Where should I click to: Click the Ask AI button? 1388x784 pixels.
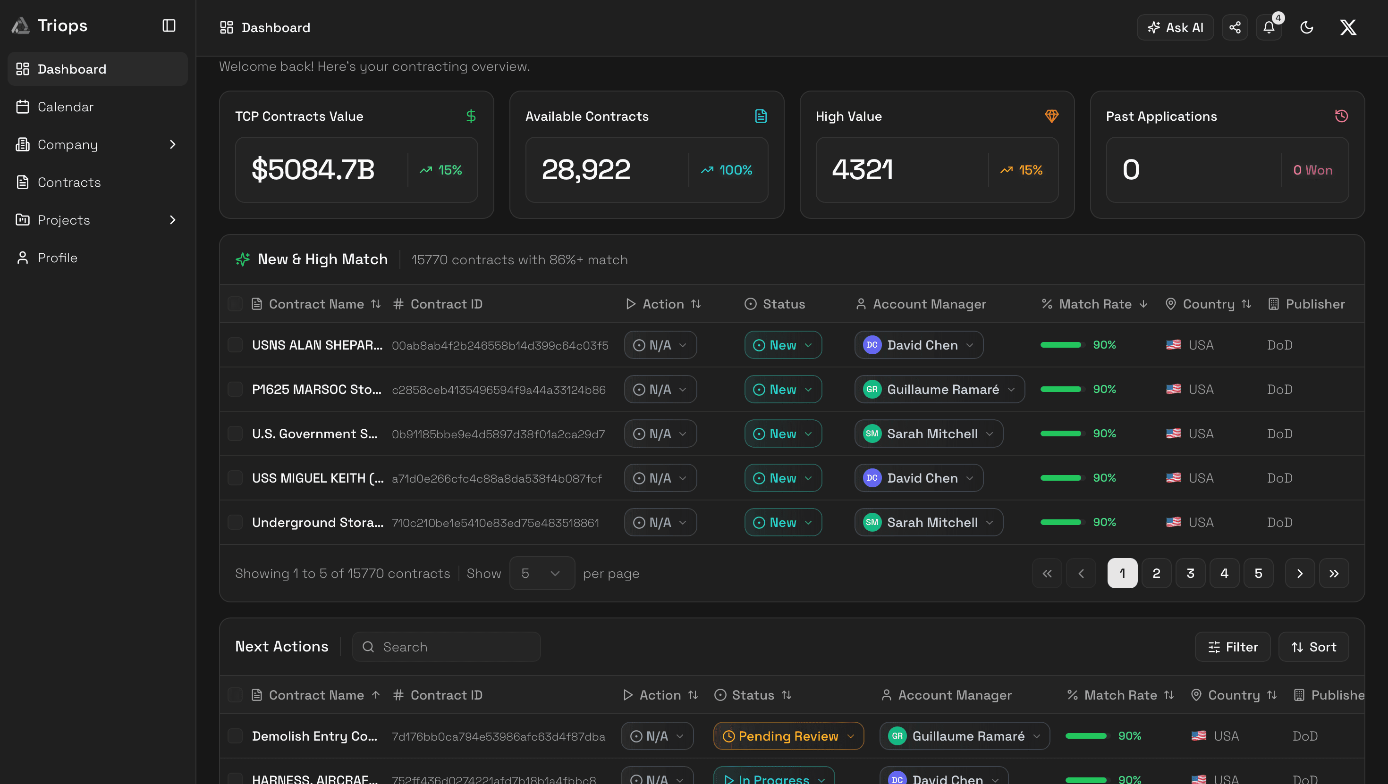click(x=1175, y=27)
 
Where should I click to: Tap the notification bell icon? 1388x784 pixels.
click(x=1269, y=27)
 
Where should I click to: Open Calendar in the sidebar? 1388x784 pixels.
click(x=65, y=107)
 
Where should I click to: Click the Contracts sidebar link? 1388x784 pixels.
click(x=69, y=182)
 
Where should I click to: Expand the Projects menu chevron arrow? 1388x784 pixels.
click(x=172, y=220)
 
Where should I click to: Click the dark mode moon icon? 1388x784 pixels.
click(x=1306, y=27)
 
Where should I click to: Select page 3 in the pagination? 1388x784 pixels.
click(x=1190, y=573)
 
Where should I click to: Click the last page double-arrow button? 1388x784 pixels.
click(x=1334, y=573)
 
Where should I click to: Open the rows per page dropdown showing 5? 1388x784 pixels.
click(x=542, y=573)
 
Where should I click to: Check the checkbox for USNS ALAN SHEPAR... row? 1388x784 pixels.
click(x=235, y=345)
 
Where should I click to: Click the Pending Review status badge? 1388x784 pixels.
click(x=788, y=735)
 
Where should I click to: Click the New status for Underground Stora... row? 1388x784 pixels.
click(x=782, y=522)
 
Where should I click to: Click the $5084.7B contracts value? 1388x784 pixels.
click(x=313, y=170)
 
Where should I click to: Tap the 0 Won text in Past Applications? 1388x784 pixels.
click(x=1312, y=170)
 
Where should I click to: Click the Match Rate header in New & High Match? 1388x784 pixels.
click(x=1094, y=304)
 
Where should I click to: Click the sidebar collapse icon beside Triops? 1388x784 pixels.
click(x=169, y=25)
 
